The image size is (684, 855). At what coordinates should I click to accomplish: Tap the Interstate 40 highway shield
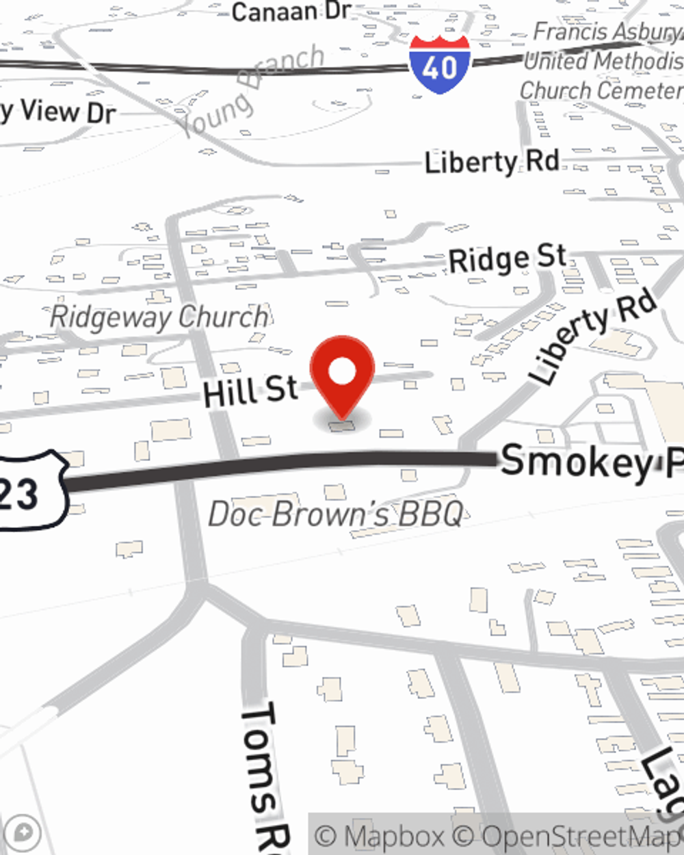pos(440,64)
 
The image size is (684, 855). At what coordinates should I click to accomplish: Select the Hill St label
pos(250,391)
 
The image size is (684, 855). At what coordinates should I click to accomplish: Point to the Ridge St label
pos(508,259)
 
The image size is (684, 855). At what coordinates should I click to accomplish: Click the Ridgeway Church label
pos(160,317)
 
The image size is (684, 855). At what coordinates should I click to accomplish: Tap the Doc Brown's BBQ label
pos(335,514)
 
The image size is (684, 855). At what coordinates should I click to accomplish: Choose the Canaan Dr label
pos(291,12)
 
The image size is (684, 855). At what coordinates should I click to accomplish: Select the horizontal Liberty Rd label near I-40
pos(492,162)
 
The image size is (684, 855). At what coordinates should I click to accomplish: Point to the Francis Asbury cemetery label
pos(602,61)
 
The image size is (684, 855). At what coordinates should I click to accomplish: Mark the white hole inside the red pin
pos(342,372)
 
